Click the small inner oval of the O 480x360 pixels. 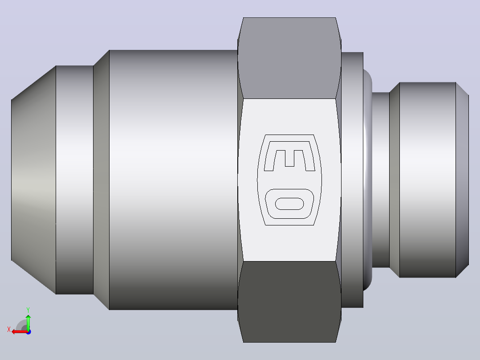coord(289,204)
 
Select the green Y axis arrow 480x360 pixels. coord(28,322)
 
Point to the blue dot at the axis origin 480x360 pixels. coord(28,332)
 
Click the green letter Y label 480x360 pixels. coord(28,310)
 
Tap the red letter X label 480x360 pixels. coord(9,330)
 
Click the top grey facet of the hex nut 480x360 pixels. coord(289,58)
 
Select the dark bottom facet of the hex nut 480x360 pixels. coord(289,302)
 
